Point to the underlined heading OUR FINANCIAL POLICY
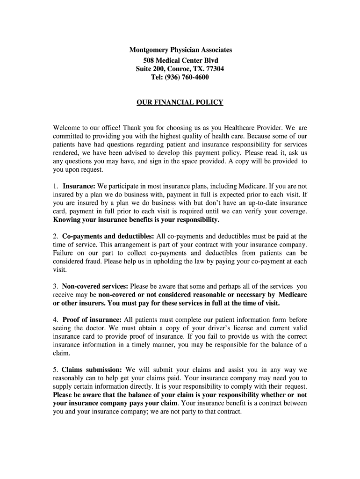click(180, 102)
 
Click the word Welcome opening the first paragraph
click(68, 127)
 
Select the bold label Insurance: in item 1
click(79, 186)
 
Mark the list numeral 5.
click(55, 370)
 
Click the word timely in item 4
click(161, 345)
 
